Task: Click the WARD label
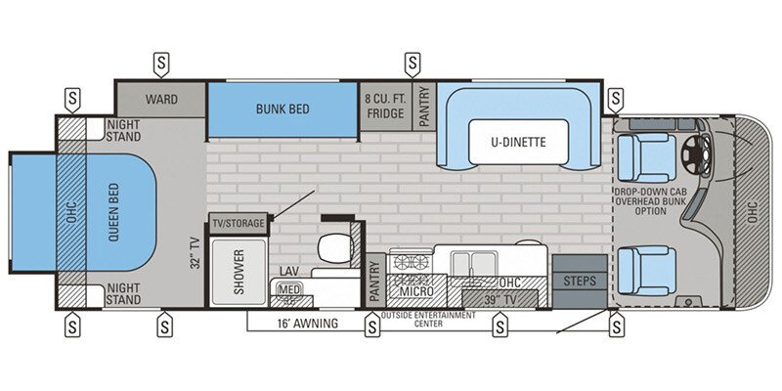click(161, 100)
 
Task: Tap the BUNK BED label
click(282, 109)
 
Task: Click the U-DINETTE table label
click(518, 143)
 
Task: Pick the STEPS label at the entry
click(579, 281)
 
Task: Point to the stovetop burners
click(409, 262)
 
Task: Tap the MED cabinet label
click(287, 289)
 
